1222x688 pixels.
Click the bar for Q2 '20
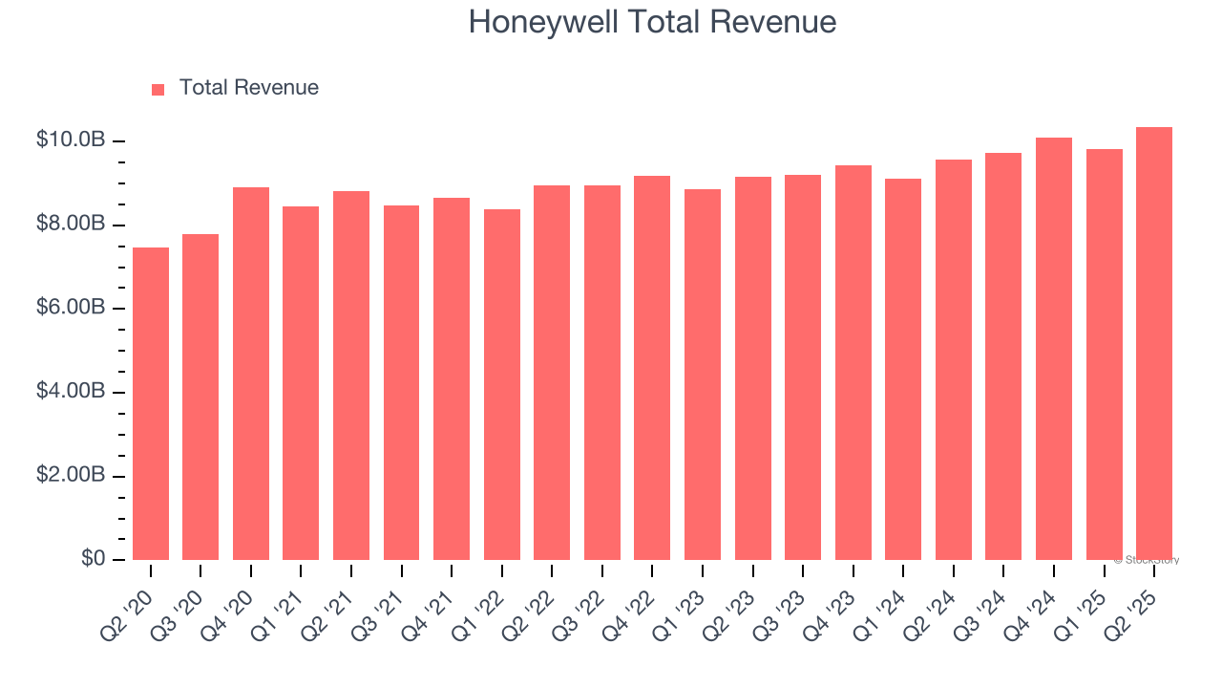coord(151,403)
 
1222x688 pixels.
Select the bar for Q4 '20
coord(251,374)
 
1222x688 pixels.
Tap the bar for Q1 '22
coord(502,384)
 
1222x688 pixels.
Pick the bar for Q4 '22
coord(652,368)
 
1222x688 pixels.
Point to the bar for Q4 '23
coord(853,362)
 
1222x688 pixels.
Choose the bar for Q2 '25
coord(1154,343)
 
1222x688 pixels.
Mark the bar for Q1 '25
coord(1104,355)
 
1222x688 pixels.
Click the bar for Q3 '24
coord(1003,356)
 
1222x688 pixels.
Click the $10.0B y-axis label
coord(71,140)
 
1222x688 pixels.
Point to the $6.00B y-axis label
coord(71,308)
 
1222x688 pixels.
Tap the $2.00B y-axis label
coord(71,475)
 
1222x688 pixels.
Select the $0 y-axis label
coord(92,558)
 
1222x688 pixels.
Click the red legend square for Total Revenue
coord(158,89)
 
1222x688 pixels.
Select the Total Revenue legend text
coord(249,88)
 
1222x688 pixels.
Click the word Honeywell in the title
coord(543,22)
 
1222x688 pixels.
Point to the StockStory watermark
coord(1147,560)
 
